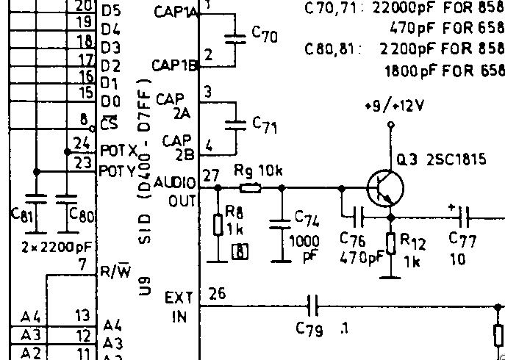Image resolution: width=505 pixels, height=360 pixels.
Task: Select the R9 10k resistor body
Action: coord(250,188)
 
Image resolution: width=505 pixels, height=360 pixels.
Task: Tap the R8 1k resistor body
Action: coord(218,224)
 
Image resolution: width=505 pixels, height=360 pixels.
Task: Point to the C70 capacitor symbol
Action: coord(236,37)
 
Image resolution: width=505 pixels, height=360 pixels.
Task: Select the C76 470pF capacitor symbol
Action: coord(359,216)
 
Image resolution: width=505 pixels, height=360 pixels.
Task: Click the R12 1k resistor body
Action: coord(390,242)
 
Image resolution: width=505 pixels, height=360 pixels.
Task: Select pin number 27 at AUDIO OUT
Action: coord(211,175)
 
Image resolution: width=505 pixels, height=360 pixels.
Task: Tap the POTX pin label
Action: coord(118,150)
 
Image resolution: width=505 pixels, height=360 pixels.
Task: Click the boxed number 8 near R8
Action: coord(239,253)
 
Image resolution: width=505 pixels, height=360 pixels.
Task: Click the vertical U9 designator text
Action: coord(146,283)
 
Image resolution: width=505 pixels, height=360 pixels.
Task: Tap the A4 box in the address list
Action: coord(32,317)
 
